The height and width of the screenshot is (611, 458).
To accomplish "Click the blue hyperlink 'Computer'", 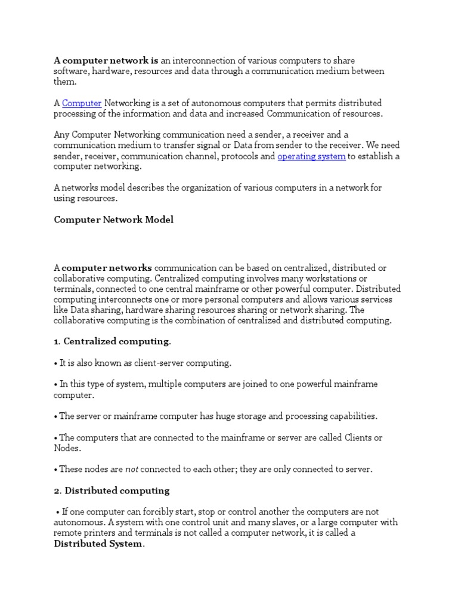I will click(x=82, y=103).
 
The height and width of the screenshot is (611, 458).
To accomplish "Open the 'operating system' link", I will click(x=311, y=156).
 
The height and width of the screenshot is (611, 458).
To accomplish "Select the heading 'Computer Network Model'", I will click(x=114, y=220).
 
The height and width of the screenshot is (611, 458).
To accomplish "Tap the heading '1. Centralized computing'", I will click(x=112, y=341).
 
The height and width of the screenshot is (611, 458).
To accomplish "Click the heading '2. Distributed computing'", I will click(x=112, y=490).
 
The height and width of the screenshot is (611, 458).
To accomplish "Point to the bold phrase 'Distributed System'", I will click(x=98, y=544).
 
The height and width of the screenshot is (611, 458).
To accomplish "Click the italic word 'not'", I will click(x=132, y=469).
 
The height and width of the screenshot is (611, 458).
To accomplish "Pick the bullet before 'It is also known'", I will click(x=56, y=363).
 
